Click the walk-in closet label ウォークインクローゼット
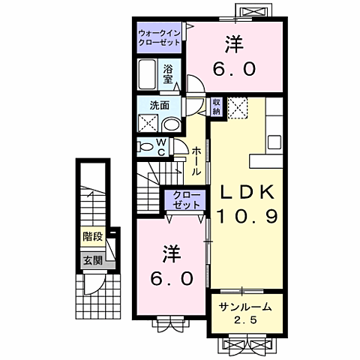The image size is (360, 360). point(159,38)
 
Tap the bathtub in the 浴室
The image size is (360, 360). point(150,74)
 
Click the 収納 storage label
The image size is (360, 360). point(216,106)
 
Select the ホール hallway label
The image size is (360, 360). point(196,160)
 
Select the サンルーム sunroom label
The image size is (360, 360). point(245,307)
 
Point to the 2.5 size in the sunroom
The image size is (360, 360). point(246,321)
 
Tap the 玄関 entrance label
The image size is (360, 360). point(92,261)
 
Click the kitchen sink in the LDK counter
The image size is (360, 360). point(274,141)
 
